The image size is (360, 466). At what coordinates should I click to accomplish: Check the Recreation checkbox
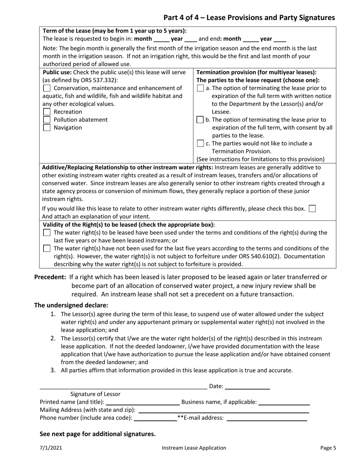point(47,112)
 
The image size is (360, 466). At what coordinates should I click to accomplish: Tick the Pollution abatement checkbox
point(47,120)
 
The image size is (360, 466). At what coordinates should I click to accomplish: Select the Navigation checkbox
point(47,128)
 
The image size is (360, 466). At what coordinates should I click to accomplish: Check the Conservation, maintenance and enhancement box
point(47,88)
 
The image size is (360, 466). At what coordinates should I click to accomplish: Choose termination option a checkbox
point(200,88)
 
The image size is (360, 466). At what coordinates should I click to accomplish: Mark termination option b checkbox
point(200,120)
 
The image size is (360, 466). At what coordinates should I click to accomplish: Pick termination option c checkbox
point(200,144)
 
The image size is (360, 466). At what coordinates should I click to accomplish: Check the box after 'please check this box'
point(312,208)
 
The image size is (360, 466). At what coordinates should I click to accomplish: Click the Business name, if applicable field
point(284,403)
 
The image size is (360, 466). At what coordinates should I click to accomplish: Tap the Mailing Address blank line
point(224,411)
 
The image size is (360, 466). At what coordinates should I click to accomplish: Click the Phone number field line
point(156,419)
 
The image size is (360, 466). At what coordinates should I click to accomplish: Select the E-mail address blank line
point(266,419)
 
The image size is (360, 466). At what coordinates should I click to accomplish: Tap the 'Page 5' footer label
point(328,448)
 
